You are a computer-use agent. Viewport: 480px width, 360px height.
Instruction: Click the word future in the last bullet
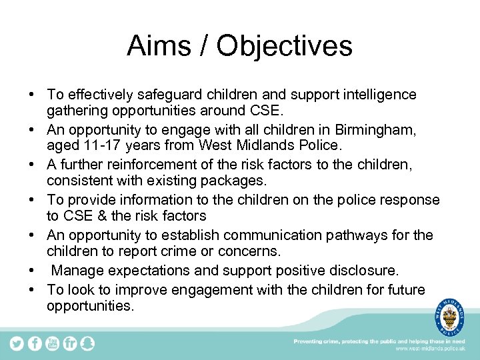point(402,289)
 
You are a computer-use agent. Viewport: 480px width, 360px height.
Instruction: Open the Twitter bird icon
point(17,343)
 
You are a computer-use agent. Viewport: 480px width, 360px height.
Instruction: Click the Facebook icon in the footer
point(35,343)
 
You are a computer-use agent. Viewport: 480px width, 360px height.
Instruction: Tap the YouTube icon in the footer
point(52,343)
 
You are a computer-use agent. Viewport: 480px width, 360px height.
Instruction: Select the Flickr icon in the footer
point(69,343)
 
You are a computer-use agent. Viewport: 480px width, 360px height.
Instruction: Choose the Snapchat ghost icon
point(87,343)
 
